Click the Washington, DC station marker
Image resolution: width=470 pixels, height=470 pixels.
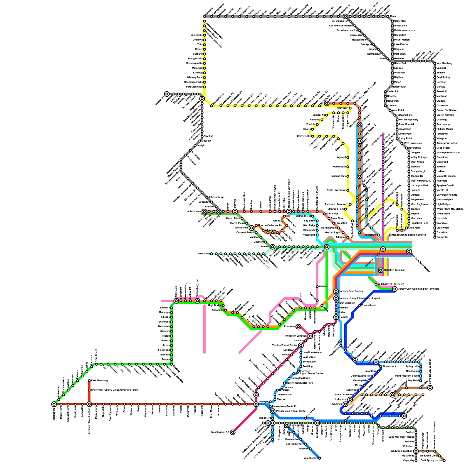(233, 432)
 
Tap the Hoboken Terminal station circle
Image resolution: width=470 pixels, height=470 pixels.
(381, 270)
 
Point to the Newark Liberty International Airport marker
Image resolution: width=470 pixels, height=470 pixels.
(336, 298)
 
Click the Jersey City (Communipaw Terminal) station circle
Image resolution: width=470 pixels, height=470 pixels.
(395, 289)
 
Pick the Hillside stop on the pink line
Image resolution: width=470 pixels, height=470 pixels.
(317, 287)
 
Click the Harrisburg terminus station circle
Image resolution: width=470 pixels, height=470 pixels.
(54, 404)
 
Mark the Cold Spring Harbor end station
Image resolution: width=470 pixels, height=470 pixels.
(444, 461)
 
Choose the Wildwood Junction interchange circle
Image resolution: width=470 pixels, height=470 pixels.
(416, 451)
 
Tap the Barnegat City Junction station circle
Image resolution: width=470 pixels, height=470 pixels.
(430, 388)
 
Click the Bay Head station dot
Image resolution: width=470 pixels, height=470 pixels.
(421, 381)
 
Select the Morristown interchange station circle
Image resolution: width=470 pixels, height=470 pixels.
(251, 228)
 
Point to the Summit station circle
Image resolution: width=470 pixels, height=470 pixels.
(273, 247)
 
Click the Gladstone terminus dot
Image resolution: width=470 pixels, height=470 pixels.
(211, 254)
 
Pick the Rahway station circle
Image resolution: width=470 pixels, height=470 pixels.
(336, 317)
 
